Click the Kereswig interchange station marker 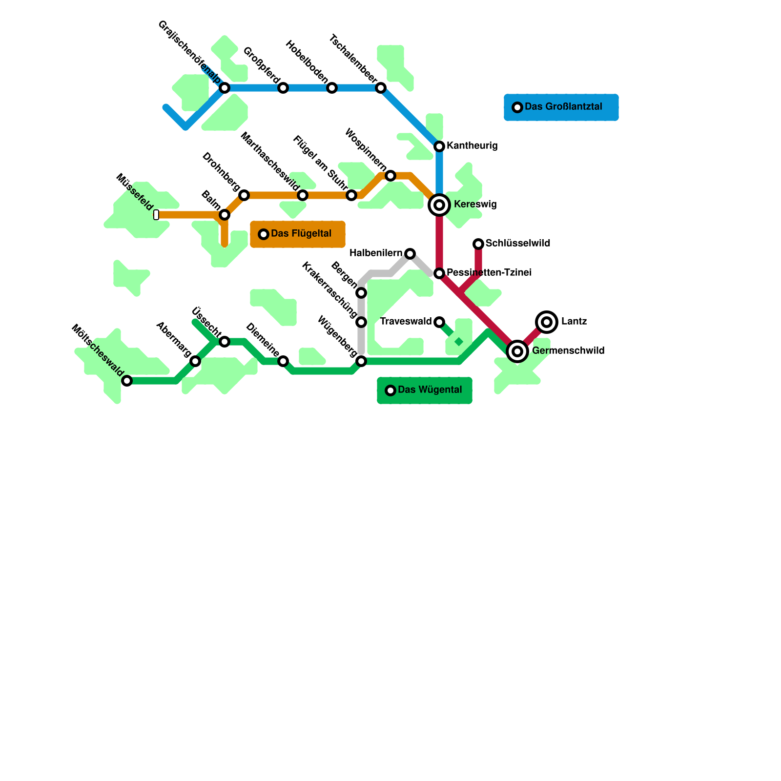point(439,205)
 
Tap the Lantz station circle point(547,322)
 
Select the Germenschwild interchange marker point(517,351)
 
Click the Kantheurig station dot point(439,146)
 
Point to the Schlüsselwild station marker point(478,244)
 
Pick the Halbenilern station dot point(410,254)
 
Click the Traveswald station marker point(439,322)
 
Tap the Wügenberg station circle point(361,361)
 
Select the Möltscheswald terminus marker point(127,381)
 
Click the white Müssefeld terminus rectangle point(156,215)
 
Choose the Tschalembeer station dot point(381,88)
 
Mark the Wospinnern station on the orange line point(390,176)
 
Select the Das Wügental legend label point(430,390)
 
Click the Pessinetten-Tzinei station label point(489,272)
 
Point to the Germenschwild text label point(568,350)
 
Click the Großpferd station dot point(283,88)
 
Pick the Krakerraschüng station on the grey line point(361,322)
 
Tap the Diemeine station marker point(283,361)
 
